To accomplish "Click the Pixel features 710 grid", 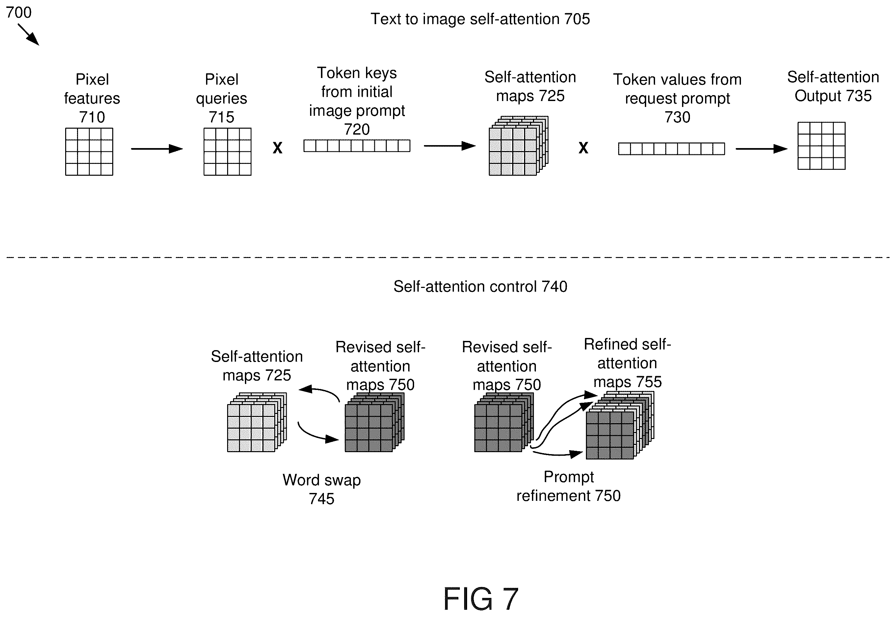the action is (x=89, y=152).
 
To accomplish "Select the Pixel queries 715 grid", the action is (x=227, y=152).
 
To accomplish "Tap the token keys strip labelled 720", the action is (x=356, y=146).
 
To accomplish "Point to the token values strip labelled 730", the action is (x=671, y=149).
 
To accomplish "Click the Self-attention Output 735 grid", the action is (x=821, y=146).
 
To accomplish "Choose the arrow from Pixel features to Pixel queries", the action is (x=157, y=149).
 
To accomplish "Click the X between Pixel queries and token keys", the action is (x=277, y=148).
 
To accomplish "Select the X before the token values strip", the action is (x=583, y=148).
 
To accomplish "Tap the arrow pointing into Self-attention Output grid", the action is (x=761, y=149).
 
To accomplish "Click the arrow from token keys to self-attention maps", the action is (x=450, y=146).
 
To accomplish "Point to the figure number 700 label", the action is (x=18, y=13).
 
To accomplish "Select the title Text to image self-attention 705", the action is (x=480, y=19).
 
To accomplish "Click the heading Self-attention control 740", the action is (x=480, y=287).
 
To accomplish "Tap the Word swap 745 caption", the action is (x=321, y=489).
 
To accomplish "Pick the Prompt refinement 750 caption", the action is (x=568, y=486).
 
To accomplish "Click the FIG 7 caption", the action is (x=480, y=599).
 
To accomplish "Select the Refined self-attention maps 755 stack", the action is (x=620, y=425).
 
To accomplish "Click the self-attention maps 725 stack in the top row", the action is (x=518, y=146).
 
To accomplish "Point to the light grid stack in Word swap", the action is (x=257, y=422).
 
